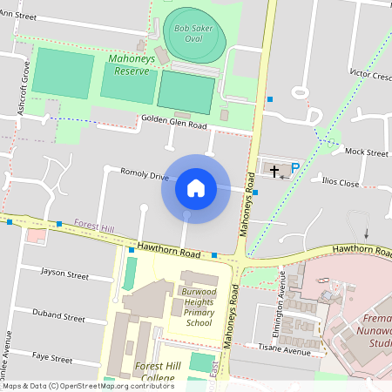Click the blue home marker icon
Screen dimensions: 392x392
click(196, 187)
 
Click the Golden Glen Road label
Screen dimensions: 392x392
click(173, 125)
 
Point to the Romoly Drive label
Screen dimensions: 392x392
click(145, 175)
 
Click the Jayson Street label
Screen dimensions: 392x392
click(65, 275)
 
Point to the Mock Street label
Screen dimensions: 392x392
click(366, 152)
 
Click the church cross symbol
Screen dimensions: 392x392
click(276, 171)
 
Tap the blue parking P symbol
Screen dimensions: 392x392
click(294, 168)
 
